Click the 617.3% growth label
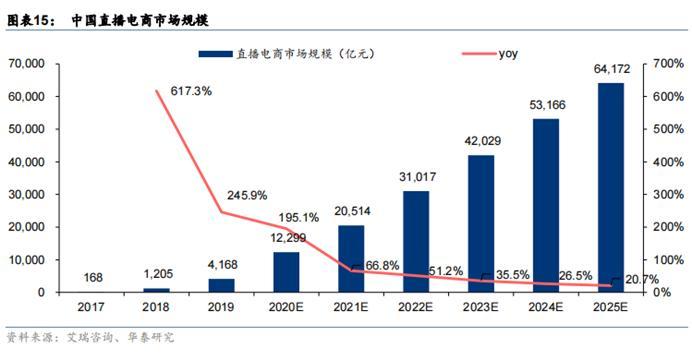(x=191, y=91)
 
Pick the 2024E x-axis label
(x=545, y=308)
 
